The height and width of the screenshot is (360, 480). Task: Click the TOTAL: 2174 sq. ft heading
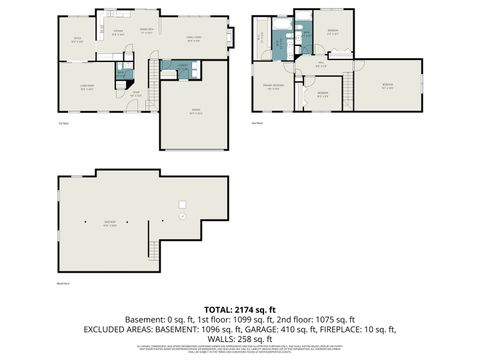click(x=239, y=309)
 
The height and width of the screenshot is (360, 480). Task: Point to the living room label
click(x=86, y=87)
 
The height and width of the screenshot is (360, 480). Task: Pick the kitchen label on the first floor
click(x=118, y=33)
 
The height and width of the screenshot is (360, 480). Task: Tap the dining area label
click(x=146, y=31)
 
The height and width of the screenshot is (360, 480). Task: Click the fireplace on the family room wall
click(x=230, y=39)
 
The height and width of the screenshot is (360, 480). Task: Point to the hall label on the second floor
click(x=320, y=65)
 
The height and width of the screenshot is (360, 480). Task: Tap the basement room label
click(x=110, y=223)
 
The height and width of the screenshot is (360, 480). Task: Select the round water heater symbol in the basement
click(x=182, y=216)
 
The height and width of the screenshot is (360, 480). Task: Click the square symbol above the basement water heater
click(x=182, y=203)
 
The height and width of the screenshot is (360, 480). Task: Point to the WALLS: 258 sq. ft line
click(x=240, y=337)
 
